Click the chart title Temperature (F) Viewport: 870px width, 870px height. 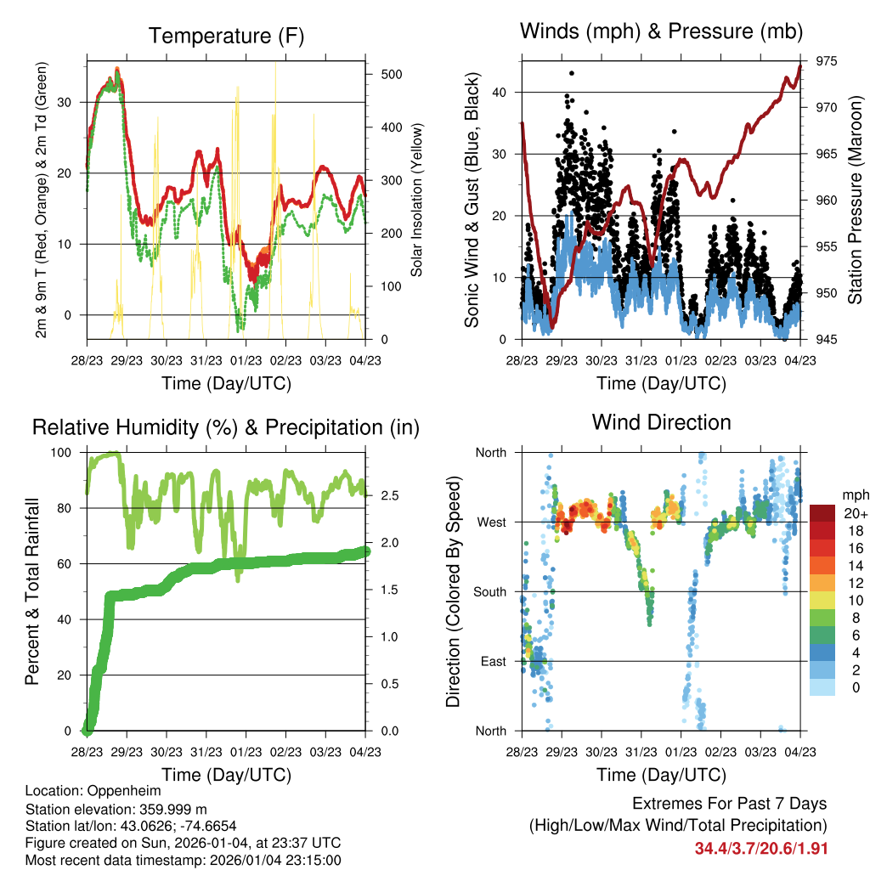tap(226, 36)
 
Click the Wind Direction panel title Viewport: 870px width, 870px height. tap(661, 421)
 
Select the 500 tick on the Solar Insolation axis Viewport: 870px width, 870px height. tap(391, 74)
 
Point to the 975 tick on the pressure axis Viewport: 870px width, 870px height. tap(826, 61)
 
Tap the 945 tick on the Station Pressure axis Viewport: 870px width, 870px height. tap(826, 340)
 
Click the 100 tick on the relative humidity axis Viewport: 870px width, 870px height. tap(63, 453)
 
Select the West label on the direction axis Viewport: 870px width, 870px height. tap(490, 523)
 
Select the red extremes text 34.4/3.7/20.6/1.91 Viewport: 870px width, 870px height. tap(761, 848)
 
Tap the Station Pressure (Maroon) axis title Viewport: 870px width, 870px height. tap(855, 200)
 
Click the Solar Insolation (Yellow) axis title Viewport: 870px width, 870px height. tap(417, 200)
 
